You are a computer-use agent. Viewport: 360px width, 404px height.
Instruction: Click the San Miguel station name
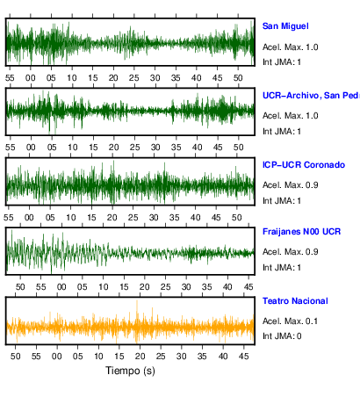coord(285,26)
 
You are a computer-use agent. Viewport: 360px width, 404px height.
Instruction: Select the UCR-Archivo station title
coord(311,96)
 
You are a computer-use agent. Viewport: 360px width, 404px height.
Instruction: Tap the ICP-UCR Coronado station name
coord(304,165)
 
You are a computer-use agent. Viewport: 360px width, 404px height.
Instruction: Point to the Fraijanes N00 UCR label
coord(301,232)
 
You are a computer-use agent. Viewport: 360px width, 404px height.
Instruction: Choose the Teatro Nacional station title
coord(295,301)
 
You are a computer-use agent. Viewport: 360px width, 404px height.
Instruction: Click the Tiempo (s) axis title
coord(130,371)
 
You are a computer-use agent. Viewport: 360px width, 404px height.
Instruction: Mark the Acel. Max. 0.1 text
coord(290,321)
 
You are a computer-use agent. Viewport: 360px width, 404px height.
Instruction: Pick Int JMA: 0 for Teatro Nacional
coord(282,335)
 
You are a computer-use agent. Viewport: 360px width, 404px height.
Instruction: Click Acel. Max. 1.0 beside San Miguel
coord(290,47)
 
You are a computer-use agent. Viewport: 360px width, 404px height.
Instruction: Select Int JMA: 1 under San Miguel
coord(282,62)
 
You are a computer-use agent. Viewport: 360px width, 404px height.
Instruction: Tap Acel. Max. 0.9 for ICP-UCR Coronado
coord(290,185)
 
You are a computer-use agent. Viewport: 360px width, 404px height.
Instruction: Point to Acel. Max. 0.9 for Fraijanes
coord(290,252)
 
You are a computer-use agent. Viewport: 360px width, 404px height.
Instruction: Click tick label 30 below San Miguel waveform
coord(155,78)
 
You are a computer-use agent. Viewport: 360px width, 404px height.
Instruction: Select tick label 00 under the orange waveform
coord(57,357)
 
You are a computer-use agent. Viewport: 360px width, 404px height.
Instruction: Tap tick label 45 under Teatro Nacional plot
coord(244,357)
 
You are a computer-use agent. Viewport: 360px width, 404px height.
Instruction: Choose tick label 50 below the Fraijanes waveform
coord(20,287)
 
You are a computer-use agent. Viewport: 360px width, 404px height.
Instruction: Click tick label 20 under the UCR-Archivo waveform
coord(113,148)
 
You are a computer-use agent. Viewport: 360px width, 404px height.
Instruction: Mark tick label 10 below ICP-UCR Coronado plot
coord(70,218)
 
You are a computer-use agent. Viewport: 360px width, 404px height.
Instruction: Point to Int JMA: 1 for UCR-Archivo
coord(282,132)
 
